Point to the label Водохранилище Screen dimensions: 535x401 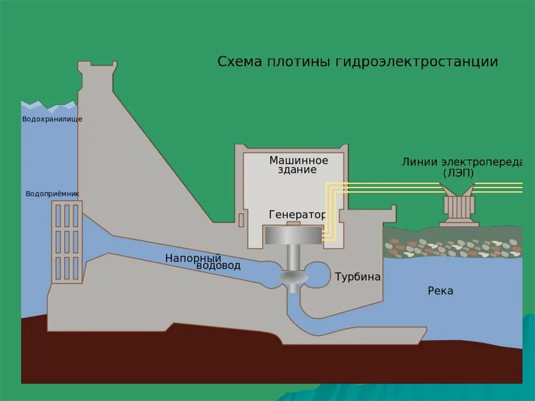(52, 119)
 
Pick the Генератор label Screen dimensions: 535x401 (297, 215)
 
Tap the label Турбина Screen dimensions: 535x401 (357, 277)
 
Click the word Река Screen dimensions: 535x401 (440, 291)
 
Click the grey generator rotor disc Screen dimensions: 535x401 (293, 236)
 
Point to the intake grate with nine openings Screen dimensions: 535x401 (67, 242)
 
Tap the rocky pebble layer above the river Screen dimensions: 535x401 (452, 247)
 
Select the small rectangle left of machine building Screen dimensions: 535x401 (241, 220)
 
